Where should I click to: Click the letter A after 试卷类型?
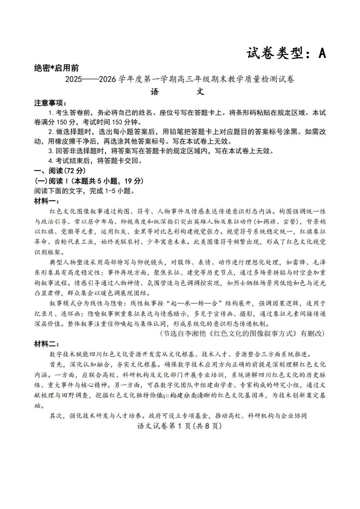point(322,53)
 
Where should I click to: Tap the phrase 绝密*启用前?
point(56,68)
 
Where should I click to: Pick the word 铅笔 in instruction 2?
point(184,132)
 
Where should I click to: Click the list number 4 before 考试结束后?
point(51,161)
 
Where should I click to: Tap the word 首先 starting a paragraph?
point(57,364)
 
